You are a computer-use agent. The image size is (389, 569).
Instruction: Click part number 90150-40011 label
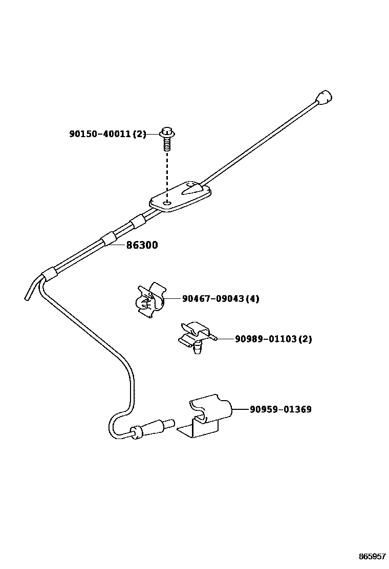pos(100,135)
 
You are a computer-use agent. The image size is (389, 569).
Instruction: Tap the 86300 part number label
pos(142,245)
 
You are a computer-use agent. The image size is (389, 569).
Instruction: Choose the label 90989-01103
pos(266,339)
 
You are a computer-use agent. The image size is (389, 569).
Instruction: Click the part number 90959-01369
pos(280,409)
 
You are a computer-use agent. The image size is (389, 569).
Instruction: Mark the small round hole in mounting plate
pos(167,203)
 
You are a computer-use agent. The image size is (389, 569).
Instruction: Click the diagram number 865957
pos(372,556)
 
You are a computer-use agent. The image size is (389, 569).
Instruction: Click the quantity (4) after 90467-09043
pos(252,299)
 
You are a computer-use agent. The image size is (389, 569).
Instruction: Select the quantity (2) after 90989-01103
pos(305,339)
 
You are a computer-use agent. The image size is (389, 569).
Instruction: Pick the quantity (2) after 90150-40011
pos(139,135)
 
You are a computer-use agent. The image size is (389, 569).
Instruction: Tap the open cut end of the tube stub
pos(27,298)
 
